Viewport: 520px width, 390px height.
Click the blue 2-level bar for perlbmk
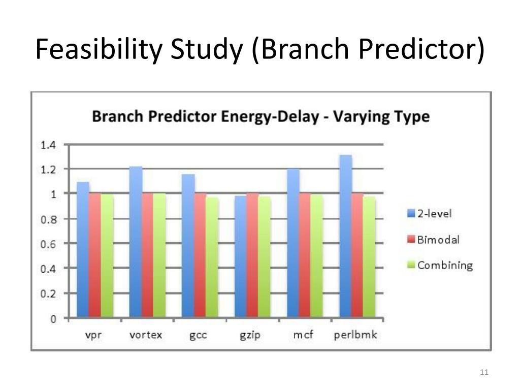[x=346, y=236]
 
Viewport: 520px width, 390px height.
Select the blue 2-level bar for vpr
[x=83, y=250]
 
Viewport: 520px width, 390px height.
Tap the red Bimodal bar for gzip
[x=252, y=255]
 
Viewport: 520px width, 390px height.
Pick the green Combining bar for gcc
[x=212, y=257]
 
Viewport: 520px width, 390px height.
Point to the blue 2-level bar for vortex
[x=136, y=242]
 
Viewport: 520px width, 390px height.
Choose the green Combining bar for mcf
[x=317, y=256]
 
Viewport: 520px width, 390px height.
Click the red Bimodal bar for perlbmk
[x=357, y=255]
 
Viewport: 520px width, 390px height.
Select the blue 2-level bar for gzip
[x=241, y=256]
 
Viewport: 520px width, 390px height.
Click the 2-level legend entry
[x=430, y=213]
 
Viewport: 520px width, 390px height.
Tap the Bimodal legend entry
[x=434, y=239]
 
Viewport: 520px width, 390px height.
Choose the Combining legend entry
[x=440, y=265]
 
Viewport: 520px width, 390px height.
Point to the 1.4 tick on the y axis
[x=48, y=145]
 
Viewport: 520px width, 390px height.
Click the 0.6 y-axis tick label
[x=48, y=244]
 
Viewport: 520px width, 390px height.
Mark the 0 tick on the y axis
[x=53, y=319]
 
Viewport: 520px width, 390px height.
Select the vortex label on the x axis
[x=146, y=335]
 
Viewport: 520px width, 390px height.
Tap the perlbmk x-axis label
[x=355, y=335]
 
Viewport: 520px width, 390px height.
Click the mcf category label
[x=303, y=334]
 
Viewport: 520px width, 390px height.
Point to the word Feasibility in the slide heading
[x=99, y=49]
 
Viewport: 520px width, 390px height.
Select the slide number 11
[x=484, y=372]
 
